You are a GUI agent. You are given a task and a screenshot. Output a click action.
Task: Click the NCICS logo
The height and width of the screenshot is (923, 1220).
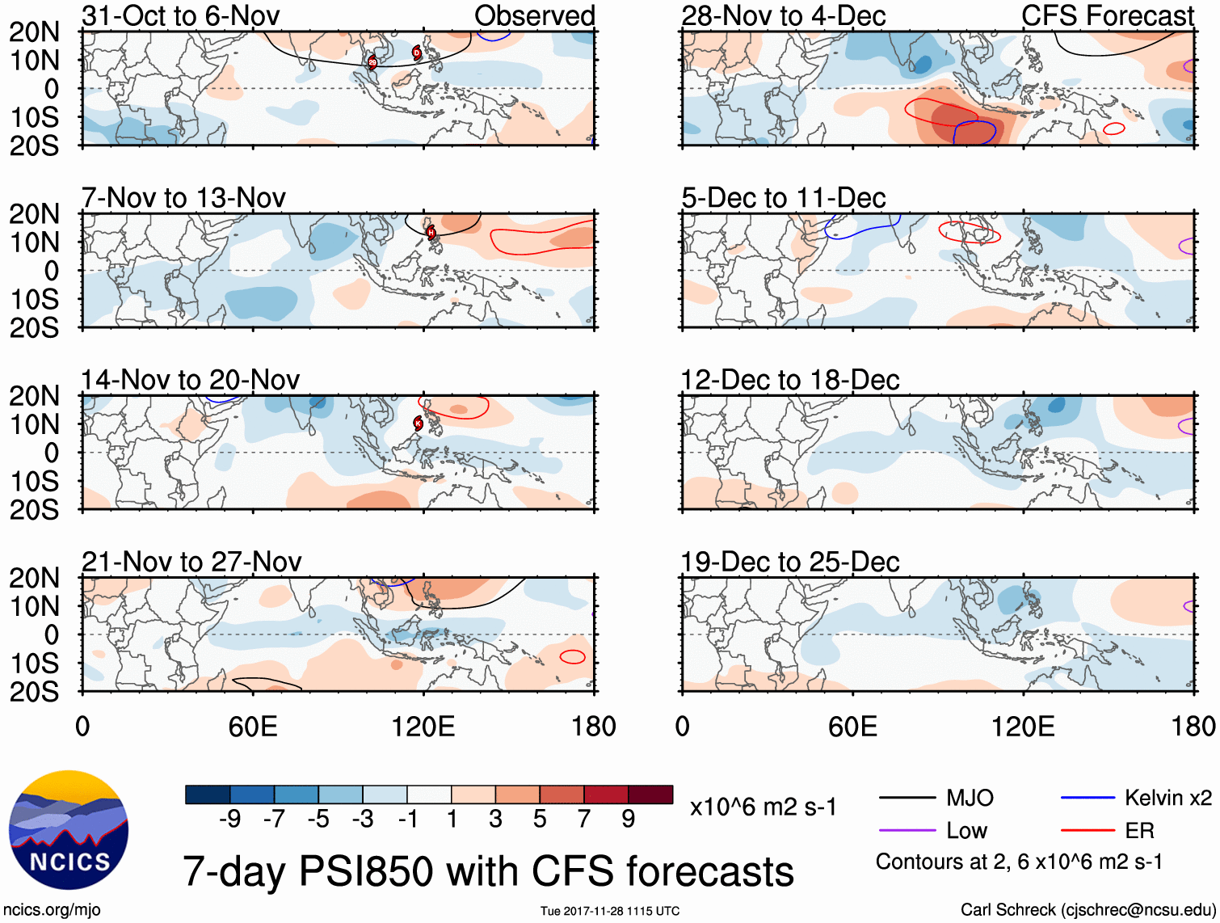click(x=69, y=830)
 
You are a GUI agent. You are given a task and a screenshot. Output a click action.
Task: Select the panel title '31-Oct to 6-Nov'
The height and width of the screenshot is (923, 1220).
click(x=180, y=15)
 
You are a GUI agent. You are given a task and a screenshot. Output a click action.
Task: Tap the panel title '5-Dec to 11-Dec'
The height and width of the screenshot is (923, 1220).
click(x=783, y=197)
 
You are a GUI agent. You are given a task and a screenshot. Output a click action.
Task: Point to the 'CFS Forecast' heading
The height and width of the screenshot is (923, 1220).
click(x=1107, y=15)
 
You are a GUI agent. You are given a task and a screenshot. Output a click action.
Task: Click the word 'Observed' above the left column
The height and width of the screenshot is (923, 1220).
click(x=534, y=15)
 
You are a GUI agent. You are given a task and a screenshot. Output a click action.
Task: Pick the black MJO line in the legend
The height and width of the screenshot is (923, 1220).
click(x=907, y=799)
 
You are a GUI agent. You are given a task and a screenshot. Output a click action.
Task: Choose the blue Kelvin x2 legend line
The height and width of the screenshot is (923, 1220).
click(x=1087, y=799)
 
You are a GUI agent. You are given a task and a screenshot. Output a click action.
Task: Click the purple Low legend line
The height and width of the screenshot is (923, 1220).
click(x=907, y=831)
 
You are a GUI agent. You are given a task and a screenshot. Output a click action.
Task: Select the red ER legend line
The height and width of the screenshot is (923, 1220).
click(x=1087, y=831)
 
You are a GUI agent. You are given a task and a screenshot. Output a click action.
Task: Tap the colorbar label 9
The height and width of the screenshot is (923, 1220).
click(x=628, y=820)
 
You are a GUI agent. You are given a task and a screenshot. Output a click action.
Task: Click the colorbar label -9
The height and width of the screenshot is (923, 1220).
click(x=229, y=820)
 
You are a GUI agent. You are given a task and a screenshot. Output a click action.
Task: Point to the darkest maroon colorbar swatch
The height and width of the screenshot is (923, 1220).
click(x=650, y=794)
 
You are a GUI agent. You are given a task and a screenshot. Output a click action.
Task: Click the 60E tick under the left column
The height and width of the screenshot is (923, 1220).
click(x=253, y=727)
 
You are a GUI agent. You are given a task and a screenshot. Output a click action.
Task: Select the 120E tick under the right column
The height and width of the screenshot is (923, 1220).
click(x=1023, y=727)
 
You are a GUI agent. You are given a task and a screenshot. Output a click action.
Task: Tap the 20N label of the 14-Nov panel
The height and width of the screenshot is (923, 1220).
click(x=34, y=396)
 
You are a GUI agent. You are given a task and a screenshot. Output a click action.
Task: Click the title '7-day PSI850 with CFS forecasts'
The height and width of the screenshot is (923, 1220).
click(x=488, y=871)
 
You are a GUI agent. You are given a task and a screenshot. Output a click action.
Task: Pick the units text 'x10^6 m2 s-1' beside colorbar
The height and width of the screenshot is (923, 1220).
click(x=763, y=807)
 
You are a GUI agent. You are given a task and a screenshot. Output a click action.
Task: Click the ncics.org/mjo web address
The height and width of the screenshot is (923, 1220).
click(x=52, y=910)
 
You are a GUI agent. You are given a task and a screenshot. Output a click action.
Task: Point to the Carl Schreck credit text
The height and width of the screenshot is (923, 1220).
click(x=1087, y=910)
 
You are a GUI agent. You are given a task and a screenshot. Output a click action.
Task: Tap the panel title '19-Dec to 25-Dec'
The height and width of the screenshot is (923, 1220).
click(x=789, y=562)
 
